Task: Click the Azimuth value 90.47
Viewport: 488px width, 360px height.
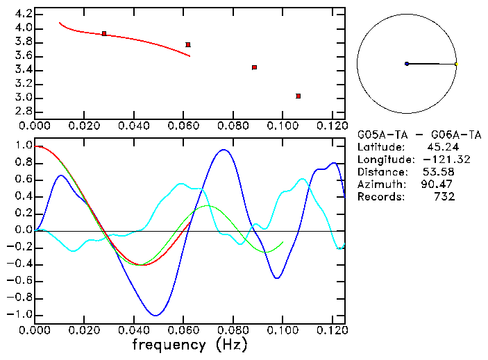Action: click(x=437, y=185)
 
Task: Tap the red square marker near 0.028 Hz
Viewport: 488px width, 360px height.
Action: click(x=104, y=33)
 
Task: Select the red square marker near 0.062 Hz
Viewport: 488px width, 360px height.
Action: click(x=188, y=44)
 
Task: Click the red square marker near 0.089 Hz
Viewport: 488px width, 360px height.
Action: click(x=255, y=67)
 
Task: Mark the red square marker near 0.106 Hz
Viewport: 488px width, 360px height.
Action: click(x=298, y=96)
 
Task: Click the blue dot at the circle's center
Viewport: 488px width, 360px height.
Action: click(x=407, y=64)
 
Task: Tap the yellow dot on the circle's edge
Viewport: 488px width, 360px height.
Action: click(x=456, y=64)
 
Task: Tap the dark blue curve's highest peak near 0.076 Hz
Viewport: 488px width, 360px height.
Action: click(x=223, y=149)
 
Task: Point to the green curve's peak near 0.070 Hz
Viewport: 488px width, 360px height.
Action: click(x=208, y=205)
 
